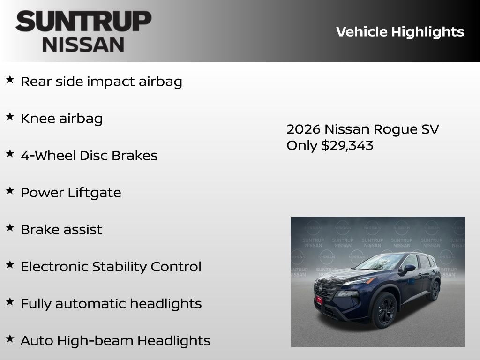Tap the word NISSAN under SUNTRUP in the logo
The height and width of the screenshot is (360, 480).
point(83,45)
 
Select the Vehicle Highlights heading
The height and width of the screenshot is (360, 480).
point(400,32)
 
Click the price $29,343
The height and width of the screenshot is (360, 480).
point(347,145)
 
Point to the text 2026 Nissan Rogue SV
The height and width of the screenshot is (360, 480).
point(362,129)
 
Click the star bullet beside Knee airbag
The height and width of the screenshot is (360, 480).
point(10,117)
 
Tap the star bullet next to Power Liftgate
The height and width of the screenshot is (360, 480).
point(10,191)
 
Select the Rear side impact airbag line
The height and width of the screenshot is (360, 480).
point(101,82)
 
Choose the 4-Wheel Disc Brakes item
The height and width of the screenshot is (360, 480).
point(89,156)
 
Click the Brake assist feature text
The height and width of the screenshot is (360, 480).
point(61,230)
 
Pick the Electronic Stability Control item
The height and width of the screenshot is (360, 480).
point(111,267)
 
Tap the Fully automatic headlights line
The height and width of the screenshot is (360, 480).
point(111,304)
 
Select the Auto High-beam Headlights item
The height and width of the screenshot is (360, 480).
point(115,341)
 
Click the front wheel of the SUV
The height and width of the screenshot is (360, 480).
point(385,309)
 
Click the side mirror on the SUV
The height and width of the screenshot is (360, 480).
point(409,268)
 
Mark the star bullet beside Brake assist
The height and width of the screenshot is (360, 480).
point(10,228)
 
